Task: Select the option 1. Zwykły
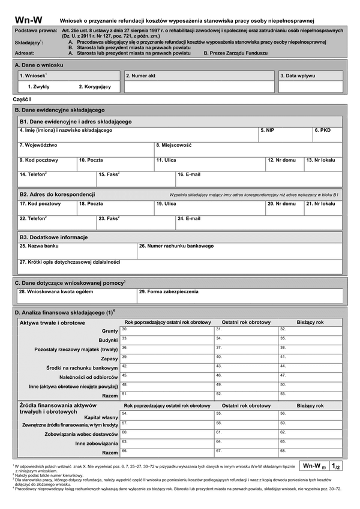(x=38, y=87)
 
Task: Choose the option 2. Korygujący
(x=95, y=87)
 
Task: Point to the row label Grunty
(x=109, y=331)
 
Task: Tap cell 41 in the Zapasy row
(x=311, y=359)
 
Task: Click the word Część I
(x=22, y=98)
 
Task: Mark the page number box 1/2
(x=336, y=466)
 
